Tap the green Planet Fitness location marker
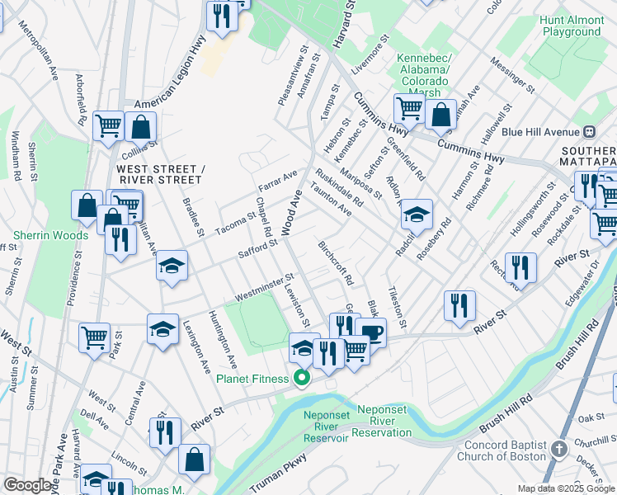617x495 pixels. click(x=303, y=379)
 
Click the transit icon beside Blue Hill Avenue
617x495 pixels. click(x=590, y=131)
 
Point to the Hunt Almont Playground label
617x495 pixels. click(x=572, y=26)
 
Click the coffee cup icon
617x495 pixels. click(x=371, y=332)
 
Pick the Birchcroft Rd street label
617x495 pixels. click(x=336, y=262)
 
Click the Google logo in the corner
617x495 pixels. click(x=27, y=485)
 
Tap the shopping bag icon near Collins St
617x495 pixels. click(x=141, y=127)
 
